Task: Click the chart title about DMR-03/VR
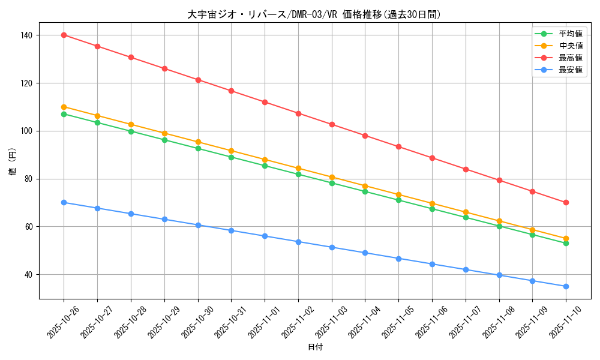pos(314,14)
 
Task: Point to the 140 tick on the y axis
pos(28,35)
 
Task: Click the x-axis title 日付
pos(315,347)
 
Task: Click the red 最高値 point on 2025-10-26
pos(64,35)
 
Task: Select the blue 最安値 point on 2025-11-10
pos(566,286)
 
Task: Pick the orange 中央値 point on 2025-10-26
pos(64,107)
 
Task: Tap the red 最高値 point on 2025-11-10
pos(566,202)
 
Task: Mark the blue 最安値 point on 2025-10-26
pos(64,202)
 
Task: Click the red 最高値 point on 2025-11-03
pos(332,124)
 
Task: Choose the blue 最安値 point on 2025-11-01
pos(265,236)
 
